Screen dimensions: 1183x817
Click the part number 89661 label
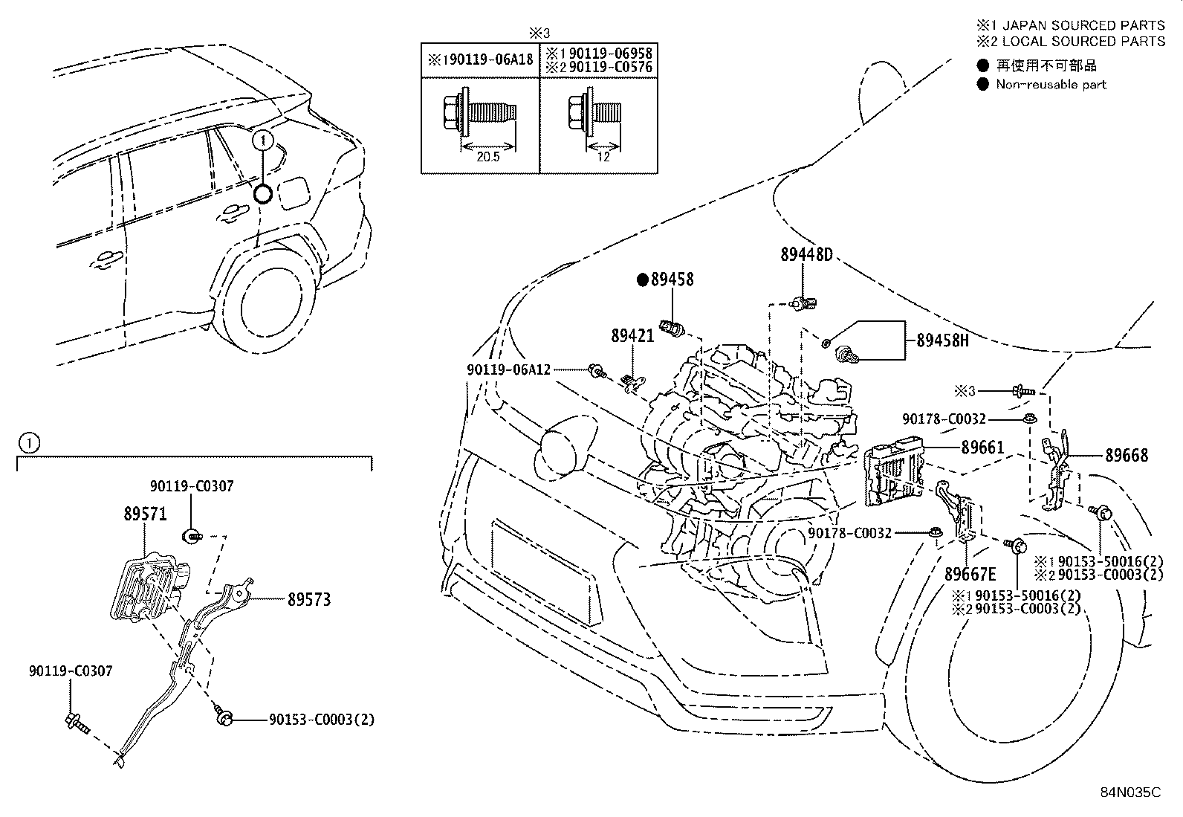pyautogui.click(x=982, y=448)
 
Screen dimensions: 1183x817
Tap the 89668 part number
pyautogui.click(x=1127, y=455)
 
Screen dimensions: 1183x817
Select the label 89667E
pyautogui.click(x=970, y=574)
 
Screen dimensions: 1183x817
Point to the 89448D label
pyautogui.click(x=806, y=255)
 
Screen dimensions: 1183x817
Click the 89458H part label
pyautogui.click(x=942, y=340)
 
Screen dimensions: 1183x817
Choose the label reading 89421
pyautogui.click(x=632, y=335)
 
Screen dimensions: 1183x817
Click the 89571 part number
pyautogui.click(x=145, y=514)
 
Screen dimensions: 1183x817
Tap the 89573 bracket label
pyautogui.click(x=309, y=599)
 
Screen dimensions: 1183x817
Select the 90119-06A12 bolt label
pyautogui.click(x=508, y=369)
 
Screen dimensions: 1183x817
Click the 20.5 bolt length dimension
pyautogui.click(x=487, y=157)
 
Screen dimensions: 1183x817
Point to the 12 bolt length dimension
pyautogui.click(x=603, y=157)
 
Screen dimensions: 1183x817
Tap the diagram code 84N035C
pyautogui.click(x=1131, y=792)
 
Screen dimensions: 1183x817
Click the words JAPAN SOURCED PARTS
pyautogui.click(x=1083, y=25)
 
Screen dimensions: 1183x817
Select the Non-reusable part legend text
pyautogui.click(x=1051, y=85)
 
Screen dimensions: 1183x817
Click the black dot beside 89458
pyautogui.click(x=642, y=280)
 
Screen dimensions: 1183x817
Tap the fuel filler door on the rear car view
pyautogui.click(x=294, y=193)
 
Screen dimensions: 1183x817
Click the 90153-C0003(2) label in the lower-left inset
pyautogui.click(x=322, y=719)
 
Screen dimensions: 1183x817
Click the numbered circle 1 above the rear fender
pyautogui.click(x=263, y=141)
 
